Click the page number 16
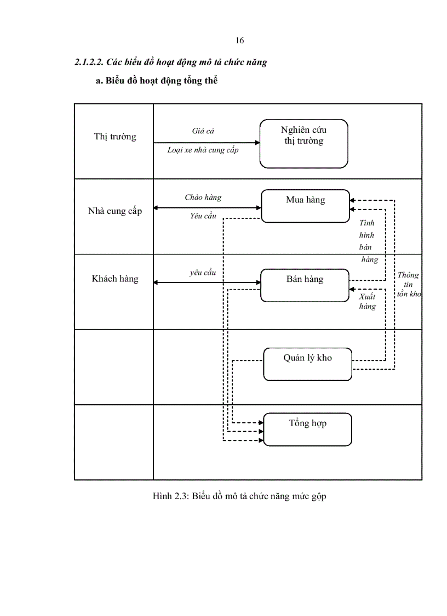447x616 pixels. click(239, 41)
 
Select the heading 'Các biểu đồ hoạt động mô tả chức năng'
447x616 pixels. click(171, 62)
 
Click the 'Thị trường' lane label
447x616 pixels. click(114, 137)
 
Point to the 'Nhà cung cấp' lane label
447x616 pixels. click(114, 211)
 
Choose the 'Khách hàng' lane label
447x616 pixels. click(115, 279)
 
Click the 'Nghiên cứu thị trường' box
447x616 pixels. click(303, 143)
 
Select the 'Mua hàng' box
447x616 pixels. click(305, 206)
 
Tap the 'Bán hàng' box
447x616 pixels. click(305, 285)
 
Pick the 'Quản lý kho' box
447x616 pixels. click(307, 364)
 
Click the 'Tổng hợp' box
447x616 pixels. click(307, 429)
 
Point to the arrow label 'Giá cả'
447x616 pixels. click(203, 131)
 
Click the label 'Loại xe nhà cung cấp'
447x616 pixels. click(203, 150)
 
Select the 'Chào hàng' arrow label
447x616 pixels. click(203, 197)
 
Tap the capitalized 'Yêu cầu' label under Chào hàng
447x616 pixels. click(203, 216)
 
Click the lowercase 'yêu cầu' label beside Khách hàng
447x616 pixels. click(203, 273)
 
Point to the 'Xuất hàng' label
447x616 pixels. click(368, 302)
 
